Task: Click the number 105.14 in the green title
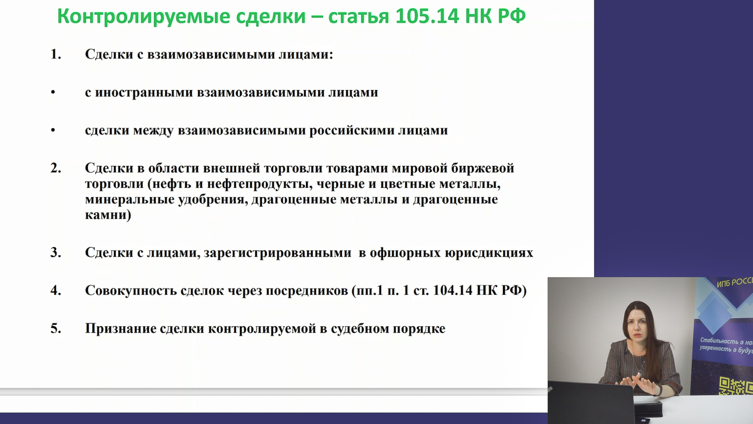(x=427, y=16)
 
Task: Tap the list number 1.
(x=56, y=54)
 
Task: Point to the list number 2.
(x=56, y=168)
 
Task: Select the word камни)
(x=108, y=215)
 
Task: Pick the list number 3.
(x=56, y=252)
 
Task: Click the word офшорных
(x=405, y=252)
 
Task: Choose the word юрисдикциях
(x=489, y=252)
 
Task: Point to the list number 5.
(x=56, y=329)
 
